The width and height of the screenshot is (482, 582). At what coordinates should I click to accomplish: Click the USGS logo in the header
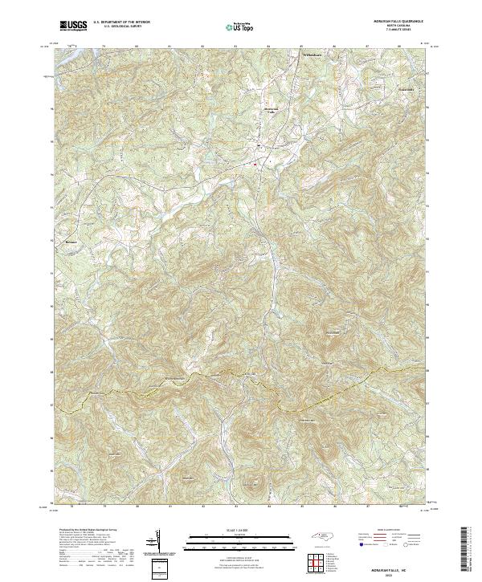click(73, 25)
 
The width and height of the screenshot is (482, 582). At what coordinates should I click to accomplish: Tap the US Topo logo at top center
click(240, 26)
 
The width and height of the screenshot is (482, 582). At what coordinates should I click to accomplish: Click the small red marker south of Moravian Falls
click(255, 164)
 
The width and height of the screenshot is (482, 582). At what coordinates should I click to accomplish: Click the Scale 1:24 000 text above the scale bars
click(240, 530)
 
